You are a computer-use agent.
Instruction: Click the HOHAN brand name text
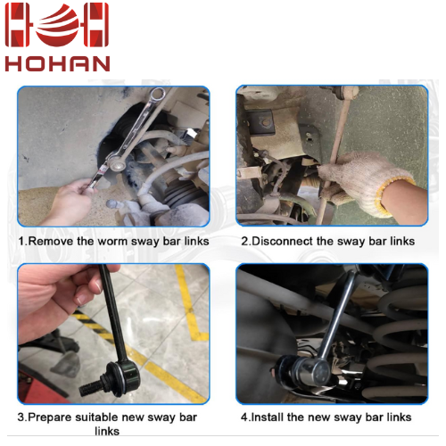tap(57, 63)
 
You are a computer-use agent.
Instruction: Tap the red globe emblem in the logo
tap(57, 25)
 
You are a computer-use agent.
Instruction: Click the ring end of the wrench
tap(157, 95)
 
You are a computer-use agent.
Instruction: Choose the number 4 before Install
tap(244, 417)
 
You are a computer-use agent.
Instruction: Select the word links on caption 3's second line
tap(107, 431)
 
